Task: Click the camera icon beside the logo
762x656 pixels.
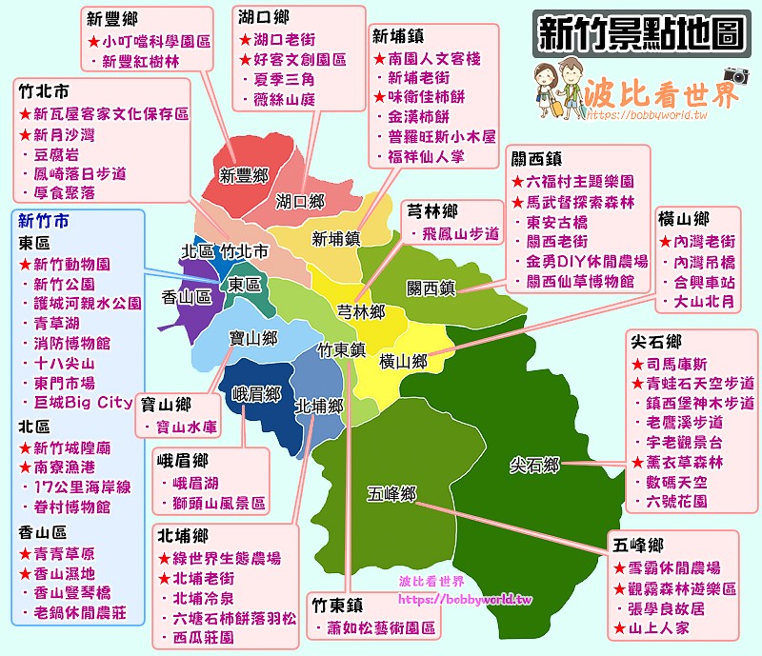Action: pyautogui.click(x=733, y=75)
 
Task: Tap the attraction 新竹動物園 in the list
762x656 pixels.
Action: pyautogui.click(x=71, y=264)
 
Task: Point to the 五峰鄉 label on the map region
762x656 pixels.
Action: pyautogui.click(x=393, y=493)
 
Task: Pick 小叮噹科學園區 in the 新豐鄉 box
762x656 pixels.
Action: pyautogui.click(x=157, y=41)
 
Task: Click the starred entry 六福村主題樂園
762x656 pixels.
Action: pyautogui.click(x=581, y=181)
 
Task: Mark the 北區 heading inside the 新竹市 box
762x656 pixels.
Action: pyautogui.click(x=33, y=425)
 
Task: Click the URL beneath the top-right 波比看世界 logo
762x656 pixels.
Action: pyautogui.click(x=648, y=115)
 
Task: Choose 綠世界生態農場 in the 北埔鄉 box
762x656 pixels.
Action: pyautogui.click(x=227, y=557)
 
